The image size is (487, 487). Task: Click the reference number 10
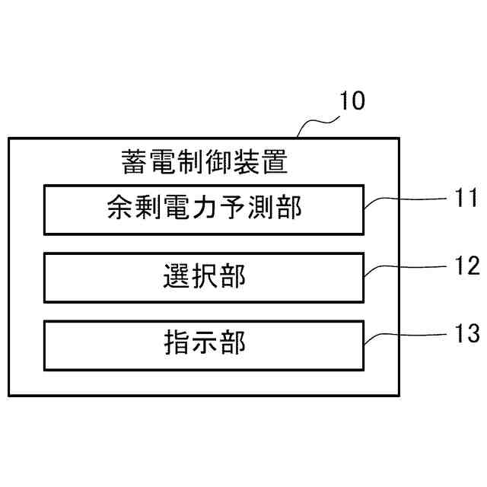352,101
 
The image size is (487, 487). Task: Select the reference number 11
465,200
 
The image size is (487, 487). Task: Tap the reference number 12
465,266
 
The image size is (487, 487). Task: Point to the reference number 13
465,333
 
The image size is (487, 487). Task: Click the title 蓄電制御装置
203,161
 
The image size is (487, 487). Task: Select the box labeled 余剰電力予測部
203,208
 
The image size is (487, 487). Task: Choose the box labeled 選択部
203,276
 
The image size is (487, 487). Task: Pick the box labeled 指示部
203,343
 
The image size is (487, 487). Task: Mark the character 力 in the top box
203,208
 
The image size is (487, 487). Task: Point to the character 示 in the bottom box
203,344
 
